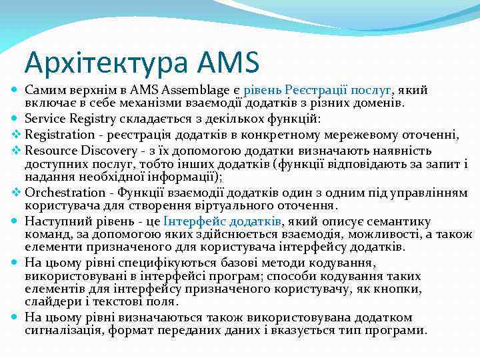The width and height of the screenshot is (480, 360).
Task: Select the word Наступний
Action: tap(54, 221)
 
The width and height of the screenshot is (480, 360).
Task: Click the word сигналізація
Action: tap(58, 331)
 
